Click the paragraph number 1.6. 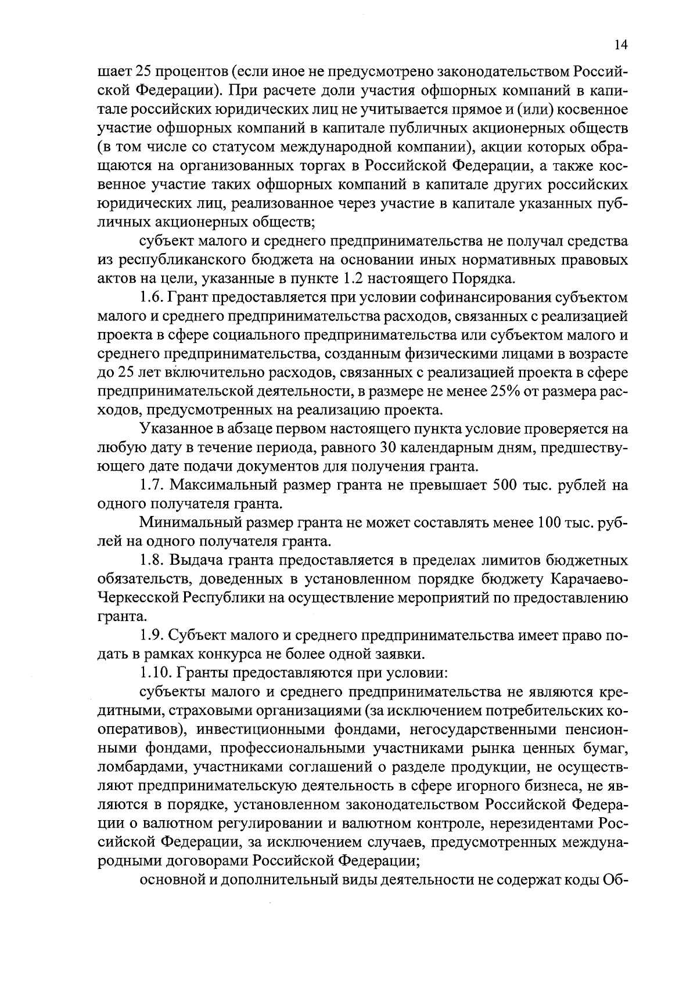tap(153, 298)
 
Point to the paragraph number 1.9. tap(153, 636)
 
